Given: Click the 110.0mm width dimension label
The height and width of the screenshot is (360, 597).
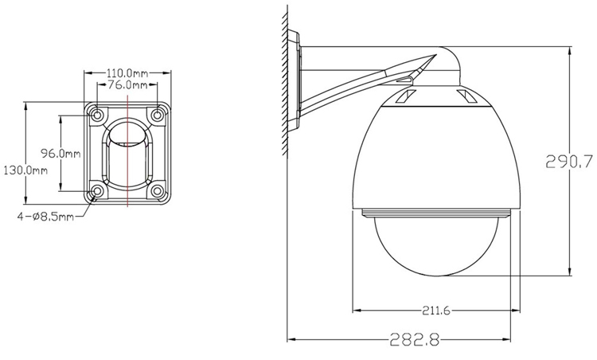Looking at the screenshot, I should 127,71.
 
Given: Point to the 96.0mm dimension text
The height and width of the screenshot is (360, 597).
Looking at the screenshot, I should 84,153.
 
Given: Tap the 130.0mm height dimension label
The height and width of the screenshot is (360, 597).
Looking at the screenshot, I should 25,170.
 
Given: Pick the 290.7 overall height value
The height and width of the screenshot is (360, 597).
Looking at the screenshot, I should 570,162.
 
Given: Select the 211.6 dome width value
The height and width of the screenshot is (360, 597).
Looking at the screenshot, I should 434,311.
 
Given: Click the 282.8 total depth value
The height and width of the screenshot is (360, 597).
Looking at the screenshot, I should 414,338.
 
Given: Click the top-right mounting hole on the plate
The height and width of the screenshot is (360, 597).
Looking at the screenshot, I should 158,115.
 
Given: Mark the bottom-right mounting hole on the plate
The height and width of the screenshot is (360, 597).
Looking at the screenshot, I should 158,191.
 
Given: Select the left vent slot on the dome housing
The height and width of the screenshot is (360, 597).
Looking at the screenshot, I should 403,99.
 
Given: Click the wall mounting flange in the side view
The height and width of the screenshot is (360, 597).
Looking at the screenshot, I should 295,80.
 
